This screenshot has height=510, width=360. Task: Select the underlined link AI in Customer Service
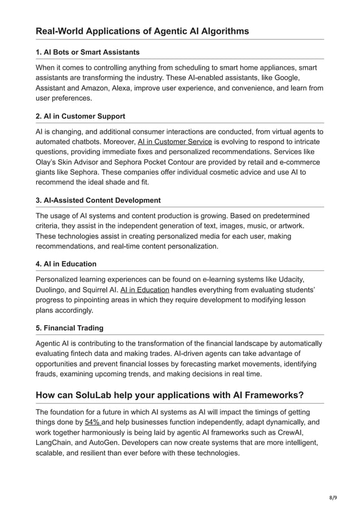point(175,142)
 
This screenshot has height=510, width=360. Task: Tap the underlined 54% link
point(93,422)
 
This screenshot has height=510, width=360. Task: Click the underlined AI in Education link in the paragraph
point(145,290)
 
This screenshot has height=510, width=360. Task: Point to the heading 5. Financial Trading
point(69,328)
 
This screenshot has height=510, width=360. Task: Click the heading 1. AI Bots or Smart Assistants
point(87,52)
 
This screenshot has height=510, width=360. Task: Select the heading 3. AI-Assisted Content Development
point(98,200)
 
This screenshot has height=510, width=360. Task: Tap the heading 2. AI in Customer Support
point(80,116)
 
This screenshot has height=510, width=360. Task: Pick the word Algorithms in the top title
point(221,31)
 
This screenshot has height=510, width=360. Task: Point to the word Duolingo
point(52,290)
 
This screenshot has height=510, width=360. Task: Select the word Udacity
point(289,280)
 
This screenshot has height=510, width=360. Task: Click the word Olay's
point(48,162)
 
